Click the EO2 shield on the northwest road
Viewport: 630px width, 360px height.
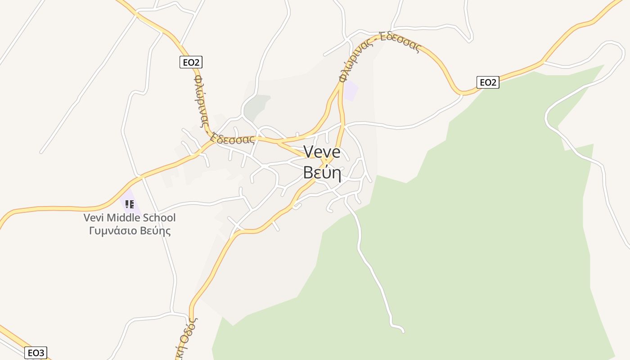tap(191, 62)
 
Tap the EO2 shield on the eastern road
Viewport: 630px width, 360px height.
tap(488, 82)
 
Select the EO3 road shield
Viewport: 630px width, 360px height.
tap(36, 353)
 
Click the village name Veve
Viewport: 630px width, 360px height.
tap(322, 152)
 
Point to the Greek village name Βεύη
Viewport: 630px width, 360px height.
tap(322, 172)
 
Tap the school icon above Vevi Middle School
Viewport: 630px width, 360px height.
tap(130, 204)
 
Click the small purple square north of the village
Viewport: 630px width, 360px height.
tap(351, 90)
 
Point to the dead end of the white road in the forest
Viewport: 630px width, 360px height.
tap(403, 332)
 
